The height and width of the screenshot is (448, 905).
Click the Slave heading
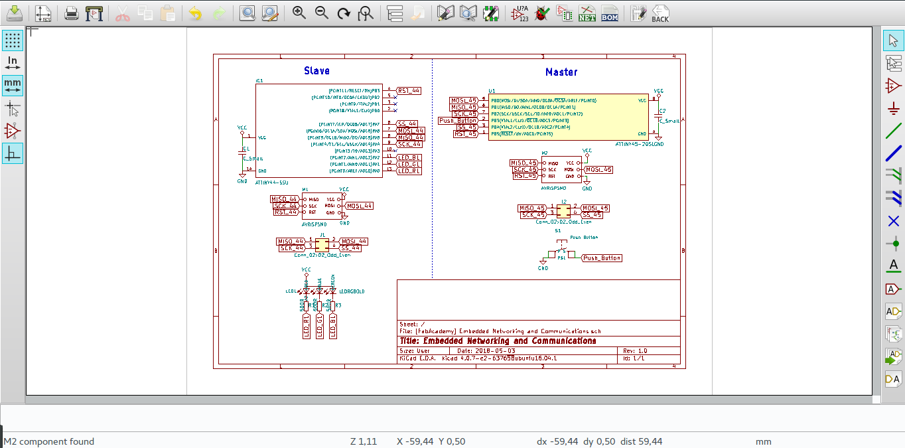316,71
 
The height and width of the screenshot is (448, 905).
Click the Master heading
561,72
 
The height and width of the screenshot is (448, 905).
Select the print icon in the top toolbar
72,13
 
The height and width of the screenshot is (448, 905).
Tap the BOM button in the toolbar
609,13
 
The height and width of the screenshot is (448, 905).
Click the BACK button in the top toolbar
660,13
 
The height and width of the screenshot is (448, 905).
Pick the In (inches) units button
13,63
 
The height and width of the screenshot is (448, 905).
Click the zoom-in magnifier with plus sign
299,13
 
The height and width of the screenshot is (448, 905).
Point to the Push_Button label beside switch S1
602,258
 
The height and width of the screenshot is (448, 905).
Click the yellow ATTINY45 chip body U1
568,116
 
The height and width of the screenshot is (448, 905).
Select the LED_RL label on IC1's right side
409,171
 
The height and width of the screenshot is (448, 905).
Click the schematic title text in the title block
498,341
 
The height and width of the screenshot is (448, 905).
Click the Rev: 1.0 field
635,350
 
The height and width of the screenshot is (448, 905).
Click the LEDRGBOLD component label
352,291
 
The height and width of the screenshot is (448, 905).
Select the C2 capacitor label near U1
662,111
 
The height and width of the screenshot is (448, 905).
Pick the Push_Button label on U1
458,120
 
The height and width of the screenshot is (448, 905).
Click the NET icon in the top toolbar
587,13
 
